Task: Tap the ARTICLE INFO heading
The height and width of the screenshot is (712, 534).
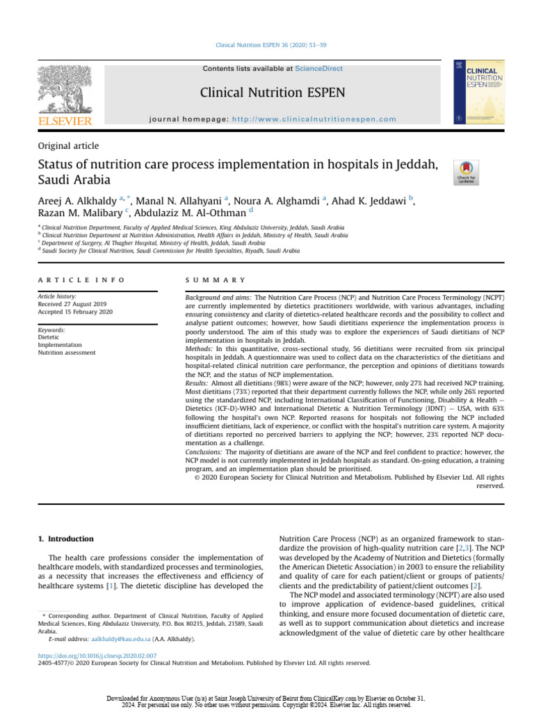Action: click(x=81, y=280)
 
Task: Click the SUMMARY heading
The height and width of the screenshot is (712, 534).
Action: click(x=216, y=280)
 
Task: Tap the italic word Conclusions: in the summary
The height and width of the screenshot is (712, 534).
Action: click(x=207, y=451)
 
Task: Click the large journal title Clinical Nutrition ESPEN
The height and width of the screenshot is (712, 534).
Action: click(x=272, y=92)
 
